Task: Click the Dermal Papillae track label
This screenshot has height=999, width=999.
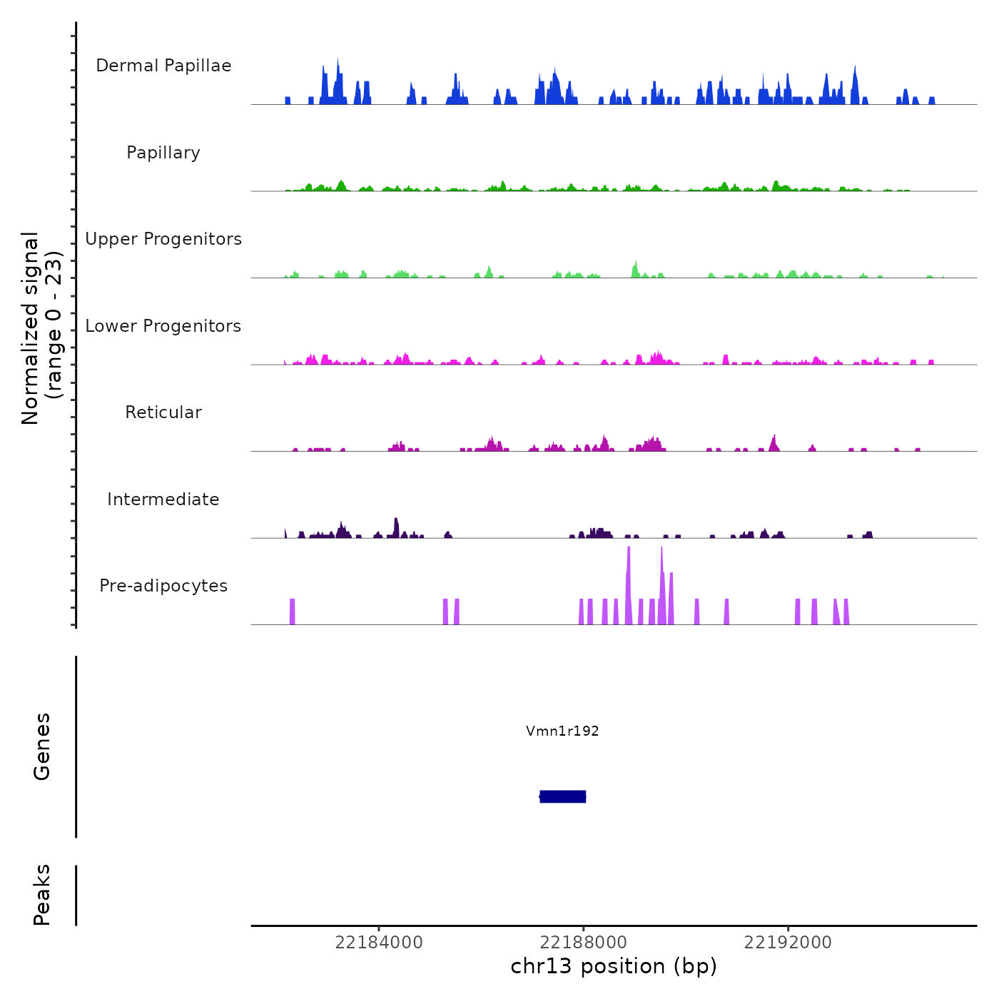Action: click(x=163, y=66)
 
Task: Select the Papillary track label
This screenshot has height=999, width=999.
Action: click(x=163, y=153)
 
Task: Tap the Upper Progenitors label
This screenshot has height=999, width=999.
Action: click(x=163, y=239)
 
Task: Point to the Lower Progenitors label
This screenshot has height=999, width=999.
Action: click(x=163, y=326)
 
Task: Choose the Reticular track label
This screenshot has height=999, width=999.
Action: click(x=163, y=412)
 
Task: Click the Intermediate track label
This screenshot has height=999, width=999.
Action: click(x=163, y=499)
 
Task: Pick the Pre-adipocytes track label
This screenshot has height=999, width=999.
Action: click(x=163, y=586)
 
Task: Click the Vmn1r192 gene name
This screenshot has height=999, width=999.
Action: click(x=562, y=731)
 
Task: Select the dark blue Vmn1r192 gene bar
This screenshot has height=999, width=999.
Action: click(x=563, y=796)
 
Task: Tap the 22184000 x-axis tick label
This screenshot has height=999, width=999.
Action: click(x=379, y=943)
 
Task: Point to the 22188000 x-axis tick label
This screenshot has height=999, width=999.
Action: click(x=584, y=943)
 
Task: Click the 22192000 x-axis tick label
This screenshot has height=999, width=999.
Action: click(x=788, y=943)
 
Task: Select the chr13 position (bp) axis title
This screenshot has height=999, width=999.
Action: click(x=614, y=966)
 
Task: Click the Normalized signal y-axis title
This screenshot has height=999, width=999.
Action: click(x=41, y=328)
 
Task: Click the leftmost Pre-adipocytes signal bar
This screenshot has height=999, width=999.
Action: click(x=293, y=612)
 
